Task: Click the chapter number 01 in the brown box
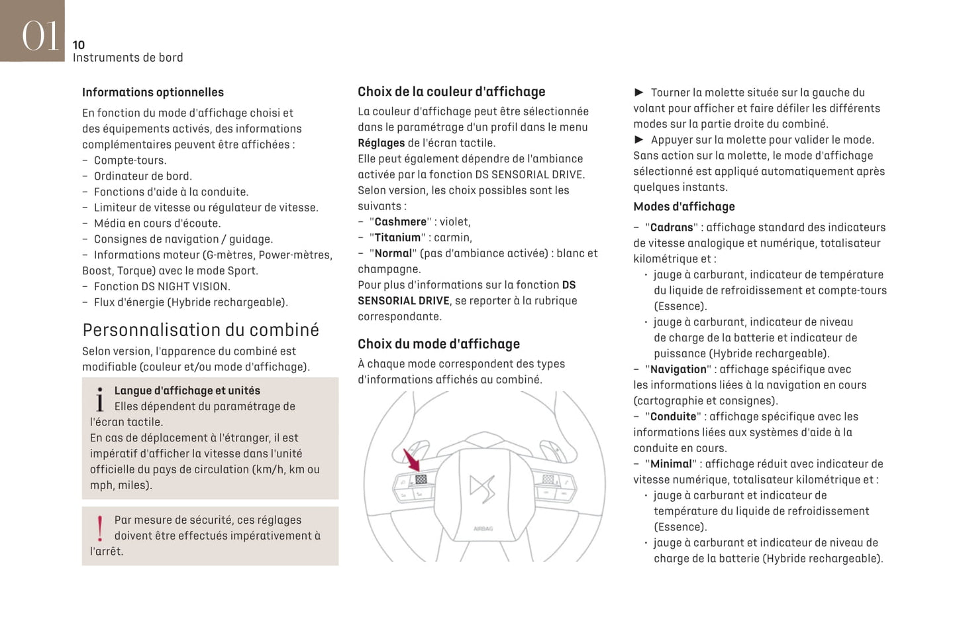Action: (x=40, y=34)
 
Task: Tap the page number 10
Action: (x=79, y=45)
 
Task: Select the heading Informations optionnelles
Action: (x=153, y=93)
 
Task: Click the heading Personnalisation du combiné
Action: (x=201, y=330)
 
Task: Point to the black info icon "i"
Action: (x=100, y=400)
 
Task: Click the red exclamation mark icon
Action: (x=100, y=529)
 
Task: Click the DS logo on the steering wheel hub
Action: (x=482, y=489)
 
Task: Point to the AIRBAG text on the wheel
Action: (x=483, y=529)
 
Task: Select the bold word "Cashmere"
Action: (x=401, y=222)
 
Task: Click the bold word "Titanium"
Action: (x=397, y=238)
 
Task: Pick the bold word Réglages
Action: (x=381, y=143)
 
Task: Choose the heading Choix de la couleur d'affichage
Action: (x=452, y=92)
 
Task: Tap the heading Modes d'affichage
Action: (x=684, y=207)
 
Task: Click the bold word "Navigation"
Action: (x=678, y=370)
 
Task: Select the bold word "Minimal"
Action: (x=671, y=464)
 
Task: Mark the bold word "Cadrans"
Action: (x=672, y=228)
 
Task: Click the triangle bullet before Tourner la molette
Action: (x=639, y=93)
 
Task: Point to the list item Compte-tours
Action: (x=130, y=160)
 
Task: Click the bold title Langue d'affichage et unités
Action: (x=187, y=391)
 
